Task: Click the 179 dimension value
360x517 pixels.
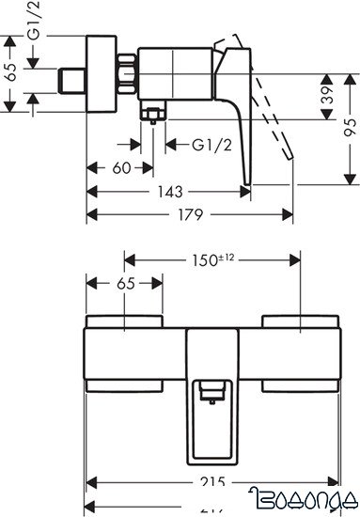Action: pos(192,214)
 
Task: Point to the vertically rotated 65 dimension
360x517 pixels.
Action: pos(11,76)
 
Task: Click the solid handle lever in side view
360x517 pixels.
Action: pos(235,113)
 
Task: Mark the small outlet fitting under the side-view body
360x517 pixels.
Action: pos(152,116)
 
